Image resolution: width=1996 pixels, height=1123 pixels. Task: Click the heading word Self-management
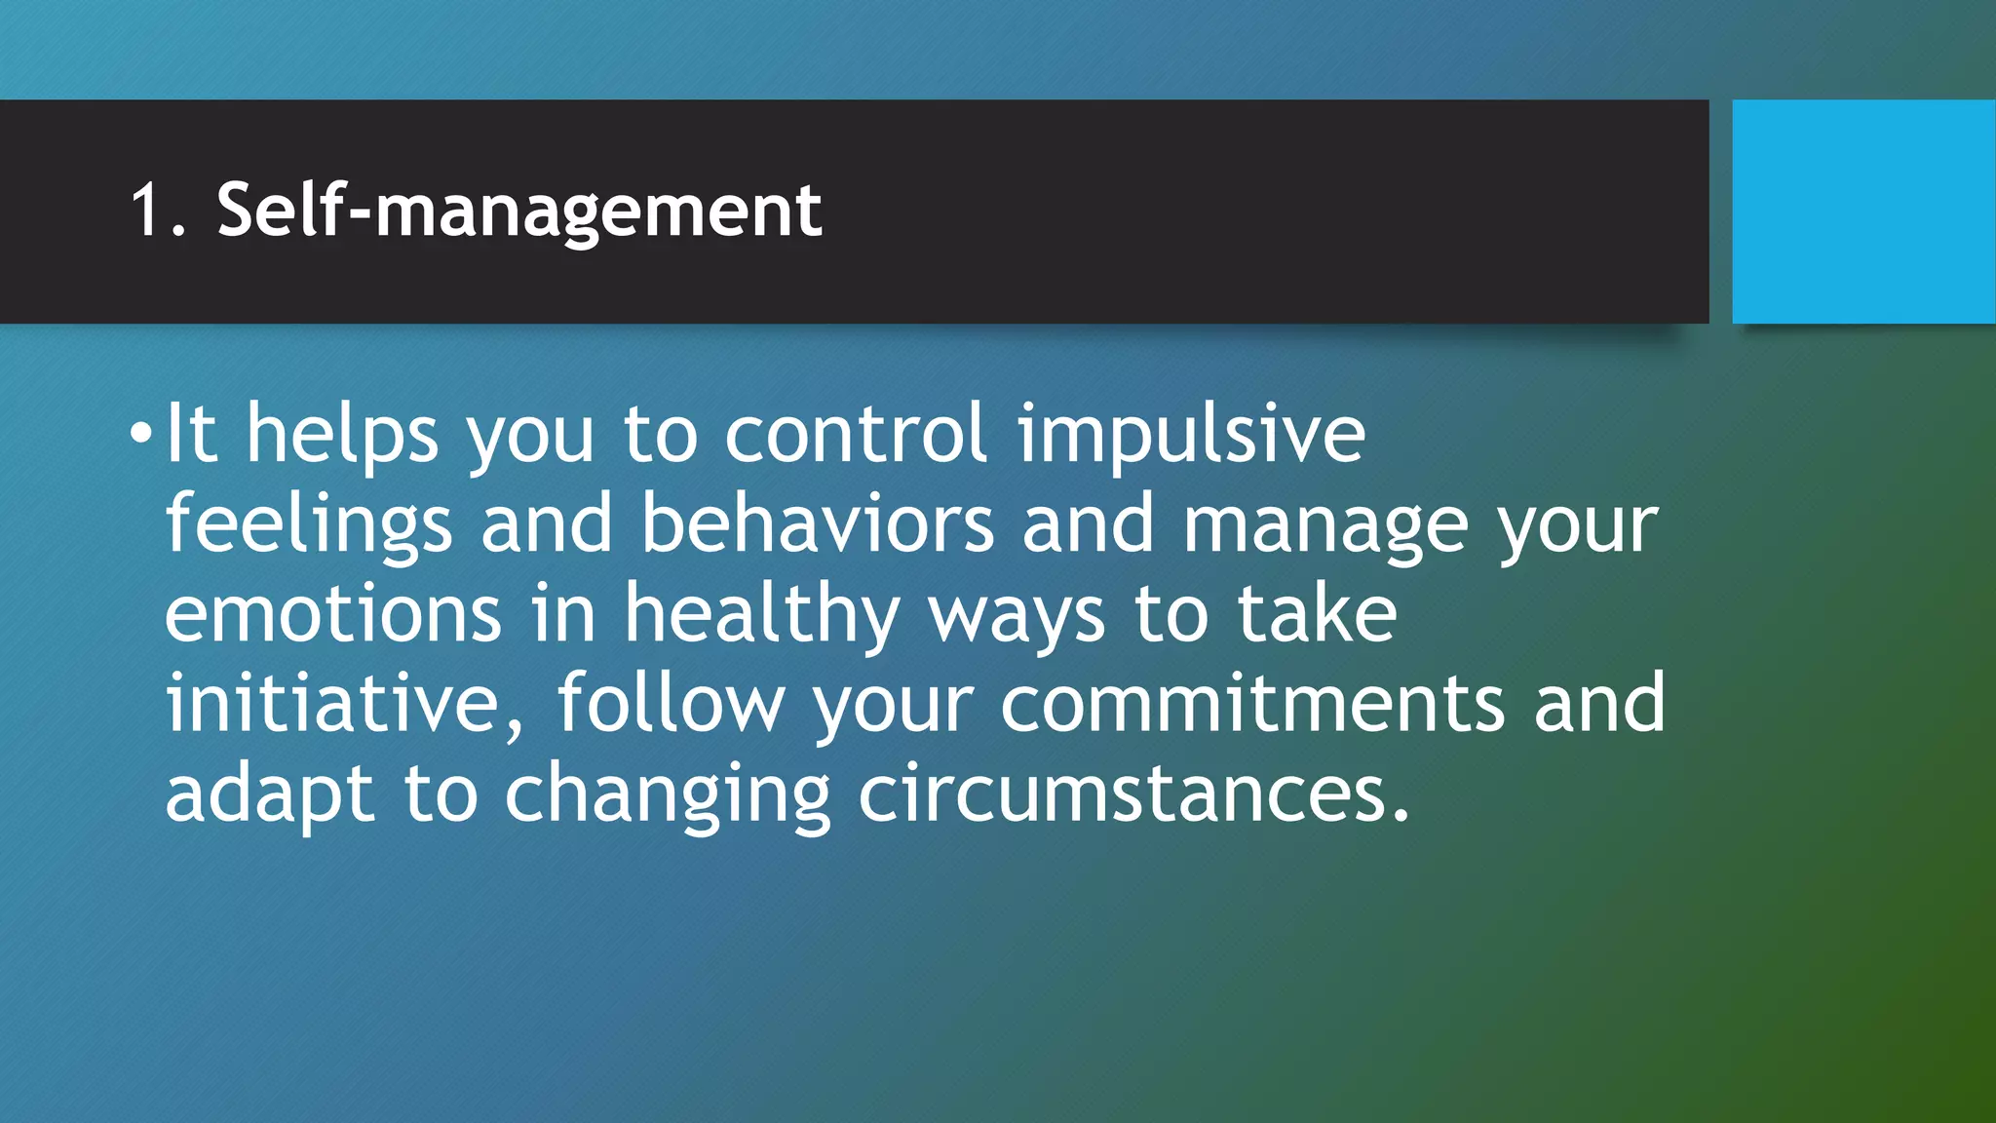tap(519, 212)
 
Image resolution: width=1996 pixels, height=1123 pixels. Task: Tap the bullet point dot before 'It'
tap(141, 433)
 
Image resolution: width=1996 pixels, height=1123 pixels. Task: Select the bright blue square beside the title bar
tap(1862, 211)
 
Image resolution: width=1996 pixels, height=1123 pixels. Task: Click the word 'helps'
tap(342, 435)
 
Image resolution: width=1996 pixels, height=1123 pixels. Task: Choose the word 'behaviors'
tap(817, 524)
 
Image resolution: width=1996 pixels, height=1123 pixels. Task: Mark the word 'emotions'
tap(332, 614)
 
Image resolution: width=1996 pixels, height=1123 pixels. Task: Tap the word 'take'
tap(1317, 614)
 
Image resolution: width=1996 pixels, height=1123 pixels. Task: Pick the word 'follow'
tap(671, 703)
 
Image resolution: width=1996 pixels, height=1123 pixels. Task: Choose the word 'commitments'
tap(1252, 704)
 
